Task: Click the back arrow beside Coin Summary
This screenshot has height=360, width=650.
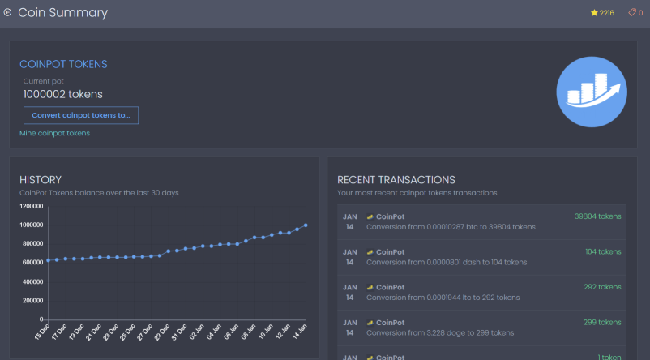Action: click(7, 12)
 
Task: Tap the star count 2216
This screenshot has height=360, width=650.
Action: click(607, 13)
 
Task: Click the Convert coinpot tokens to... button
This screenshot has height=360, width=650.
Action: click(81, 115)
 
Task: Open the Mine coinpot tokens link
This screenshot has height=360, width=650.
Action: click(55, 133)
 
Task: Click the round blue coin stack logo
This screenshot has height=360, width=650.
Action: click(592, 92)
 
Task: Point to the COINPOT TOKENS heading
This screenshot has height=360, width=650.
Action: click(63, 64)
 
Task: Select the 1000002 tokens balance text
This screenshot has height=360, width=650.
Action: click(63, 94)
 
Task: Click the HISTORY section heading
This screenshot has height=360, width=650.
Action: click(41, 179)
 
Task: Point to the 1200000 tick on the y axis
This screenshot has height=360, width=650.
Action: click(31, 206)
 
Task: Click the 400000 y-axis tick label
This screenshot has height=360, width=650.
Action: click(32, 281)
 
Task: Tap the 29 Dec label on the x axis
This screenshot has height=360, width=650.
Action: click(162, 332)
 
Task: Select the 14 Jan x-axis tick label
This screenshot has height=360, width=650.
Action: click(299, 332)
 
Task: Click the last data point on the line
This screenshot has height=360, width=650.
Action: click(306, 225)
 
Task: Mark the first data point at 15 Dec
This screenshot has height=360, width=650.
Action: click(48, 260)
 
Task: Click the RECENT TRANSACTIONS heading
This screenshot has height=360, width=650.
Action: click(396, 179)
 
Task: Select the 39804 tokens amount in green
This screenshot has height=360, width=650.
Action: click(598, 216)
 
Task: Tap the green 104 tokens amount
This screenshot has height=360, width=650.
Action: click(603, 251)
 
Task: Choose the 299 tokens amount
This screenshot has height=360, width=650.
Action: click(602, 322)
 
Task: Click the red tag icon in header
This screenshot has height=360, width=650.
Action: click(632, 12)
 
